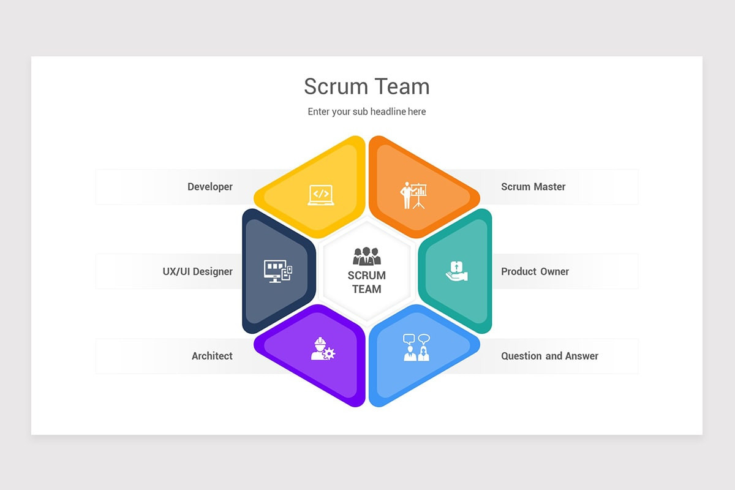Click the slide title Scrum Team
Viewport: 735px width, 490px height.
(x=367, y=86)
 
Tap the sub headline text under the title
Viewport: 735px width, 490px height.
(x=367, y=111)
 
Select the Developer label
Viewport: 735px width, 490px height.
(x=210, y=187)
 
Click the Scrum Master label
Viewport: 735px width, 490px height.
(x=533, y=187)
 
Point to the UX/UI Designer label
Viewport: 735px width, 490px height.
(x=197, y=271)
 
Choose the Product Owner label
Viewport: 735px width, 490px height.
(x=535, y=271)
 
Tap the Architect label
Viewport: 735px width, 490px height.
(x=212, y=356)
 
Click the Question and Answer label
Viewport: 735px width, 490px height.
(x=549, y=356)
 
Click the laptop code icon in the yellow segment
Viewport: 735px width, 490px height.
(x=321, y=195)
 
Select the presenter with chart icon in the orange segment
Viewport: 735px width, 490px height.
(x=413, y=195)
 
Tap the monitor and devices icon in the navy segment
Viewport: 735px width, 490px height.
(x=278, y=271)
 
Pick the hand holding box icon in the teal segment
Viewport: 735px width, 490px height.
(x=457, y=271)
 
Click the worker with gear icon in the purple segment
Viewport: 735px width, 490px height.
(x=323, y=349)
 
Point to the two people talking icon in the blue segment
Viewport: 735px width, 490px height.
(x=417, y=347)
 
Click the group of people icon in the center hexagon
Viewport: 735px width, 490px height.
(x=367, y=256)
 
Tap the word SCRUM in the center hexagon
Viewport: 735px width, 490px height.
(x=367, y=276)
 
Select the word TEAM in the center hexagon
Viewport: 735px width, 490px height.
(x=367, y=289)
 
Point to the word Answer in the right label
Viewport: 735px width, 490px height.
(x=582, y=356)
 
